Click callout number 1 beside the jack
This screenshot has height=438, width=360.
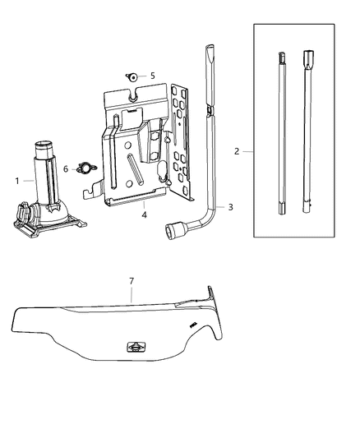[x=17, y=181]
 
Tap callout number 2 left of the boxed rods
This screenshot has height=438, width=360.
[x=237, y=151]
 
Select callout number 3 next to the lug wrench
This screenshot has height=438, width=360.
[x=230, y=207]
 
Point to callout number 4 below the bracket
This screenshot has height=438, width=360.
[x=144, y=214]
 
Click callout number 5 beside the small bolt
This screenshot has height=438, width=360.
[x=153, y=76]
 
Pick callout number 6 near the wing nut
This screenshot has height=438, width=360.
[x=66, y=169]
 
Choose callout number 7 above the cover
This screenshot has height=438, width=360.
[x=132, y=281]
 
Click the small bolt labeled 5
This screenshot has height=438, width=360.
[x=132, y=76]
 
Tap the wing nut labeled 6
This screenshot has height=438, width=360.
[x=85, y=168]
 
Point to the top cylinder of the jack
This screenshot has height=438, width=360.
[x=44, y=150]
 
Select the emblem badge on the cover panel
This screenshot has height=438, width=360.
[x=136, y=347]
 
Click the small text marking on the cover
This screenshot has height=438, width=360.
[x=193, y=325]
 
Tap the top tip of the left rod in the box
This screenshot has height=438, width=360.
[x=282, y=53]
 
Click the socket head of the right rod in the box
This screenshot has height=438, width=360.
[x=308, y=58]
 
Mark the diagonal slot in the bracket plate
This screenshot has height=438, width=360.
[x=135, y=168]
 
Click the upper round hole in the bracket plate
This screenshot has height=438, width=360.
[x=127, y=145]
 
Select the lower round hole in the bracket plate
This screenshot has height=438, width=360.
[x=129, y=183]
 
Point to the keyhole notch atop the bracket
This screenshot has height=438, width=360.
[x=133, y=95]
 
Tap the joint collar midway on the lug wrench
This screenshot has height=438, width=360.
[x=210, y=111]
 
